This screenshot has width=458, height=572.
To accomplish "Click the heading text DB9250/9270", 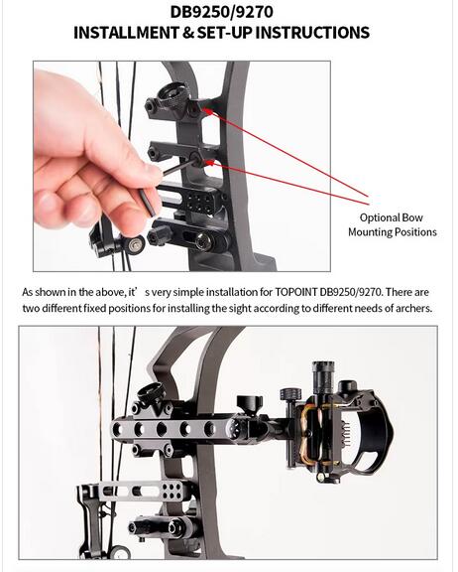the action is tap(222, 12).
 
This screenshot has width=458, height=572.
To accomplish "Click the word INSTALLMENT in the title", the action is tap(126, 33).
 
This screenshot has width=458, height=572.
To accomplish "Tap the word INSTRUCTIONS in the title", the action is tap(312, 33).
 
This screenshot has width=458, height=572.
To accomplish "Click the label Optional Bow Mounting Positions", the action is tap(393, 224).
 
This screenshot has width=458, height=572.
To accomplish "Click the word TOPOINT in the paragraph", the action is tap(295, 292).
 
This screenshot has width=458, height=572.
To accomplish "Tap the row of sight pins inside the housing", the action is tap(346, 434).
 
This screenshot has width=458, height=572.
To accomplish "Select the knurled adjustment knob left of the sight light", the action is tap(290, 394).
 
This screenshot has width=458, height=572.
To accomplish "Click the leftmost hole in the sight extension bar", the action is tap(117, 429).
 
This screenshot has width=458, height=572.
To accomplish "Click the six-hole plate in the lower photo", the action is tap(172, 491).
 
